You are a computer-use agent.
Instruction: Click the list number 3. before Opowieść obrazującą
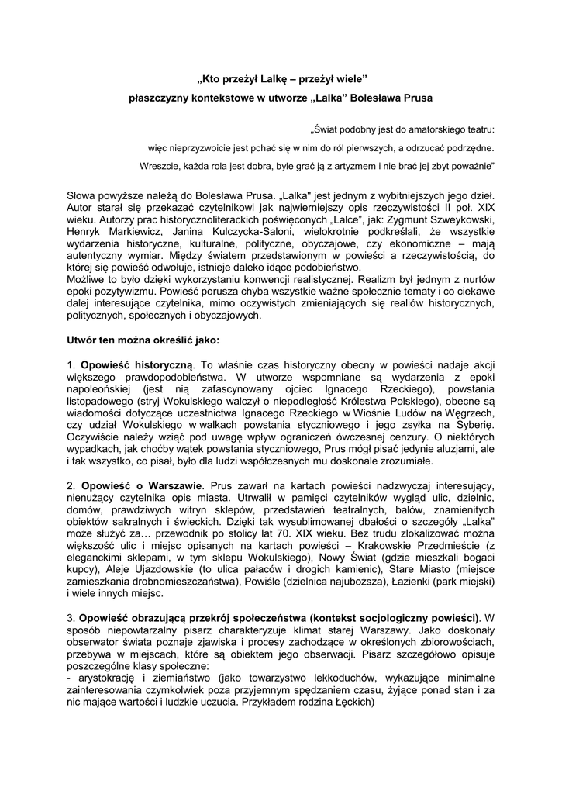[x=71, y=618]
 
